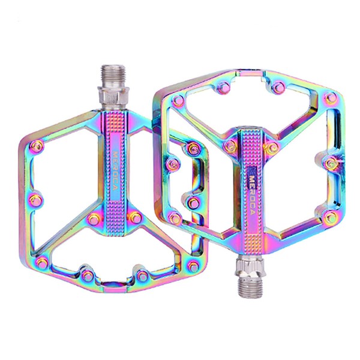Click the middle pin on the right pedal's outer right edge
coord(329,163)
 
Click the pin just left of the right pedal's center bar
coord(229,145)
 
